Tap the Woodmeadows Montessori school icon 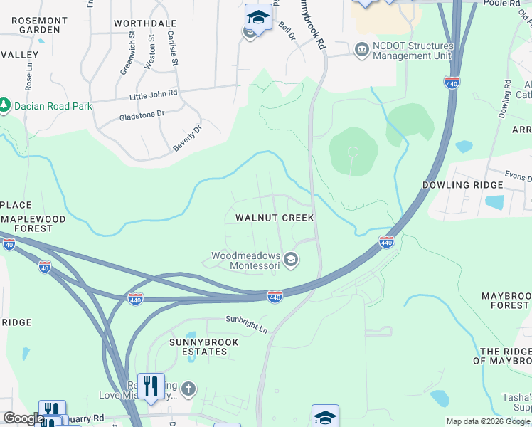click(290, 261)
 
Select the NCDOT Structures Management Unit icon click(361, 48)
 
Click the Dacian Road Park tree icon click(5, 106)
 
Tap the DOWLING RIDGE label click(462, 185)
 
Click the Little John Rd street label click(153, 94)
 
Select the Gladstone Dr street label click(142, 114)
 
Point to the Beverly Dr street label click(187, 139)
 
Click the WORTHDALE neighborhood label click(144, 23)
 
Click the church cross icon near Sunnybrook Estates click(188, 389)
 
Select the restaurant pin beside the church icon click(151, 386)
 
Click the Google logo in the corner click(23, 418)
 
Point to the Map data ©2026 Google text click(488, 421)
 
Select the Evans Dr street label click(518, 178)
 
